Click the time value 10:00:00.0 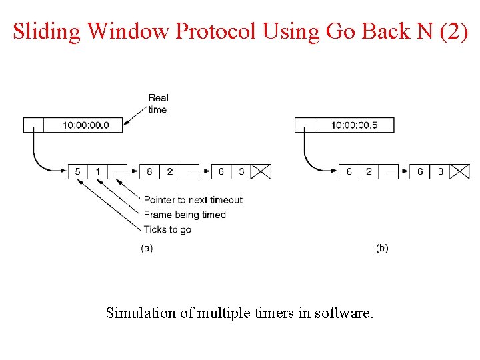pos(86,125)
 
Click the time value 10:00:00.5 pos(354,125)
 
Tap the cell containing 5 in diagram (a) pos(78,172)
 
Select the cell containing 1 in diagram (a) pos(97,172)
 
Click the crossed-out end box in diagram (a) pos(261,172)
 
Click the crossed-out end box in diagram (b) pos(460,172)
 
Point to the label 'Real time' pos(158,103)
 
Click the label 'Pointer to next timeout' pos(193,200)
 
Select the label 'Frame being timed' pos(185,215)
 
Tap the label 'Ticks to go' pos(167,229)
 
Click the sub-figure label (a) pos(147,248)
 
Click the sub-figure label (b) pos(382,248)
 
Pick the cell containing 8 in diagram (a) pos(149,172)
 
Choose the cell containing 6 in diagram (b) pos(420,172)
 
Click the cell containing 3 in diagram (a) pos(241,172)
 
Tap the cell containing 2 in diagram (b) pos(369,172)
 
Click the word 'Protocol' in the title pos(215,31)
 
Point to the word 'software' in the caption pos(344,312)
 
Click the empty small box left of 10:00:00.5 pos(305,125)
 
